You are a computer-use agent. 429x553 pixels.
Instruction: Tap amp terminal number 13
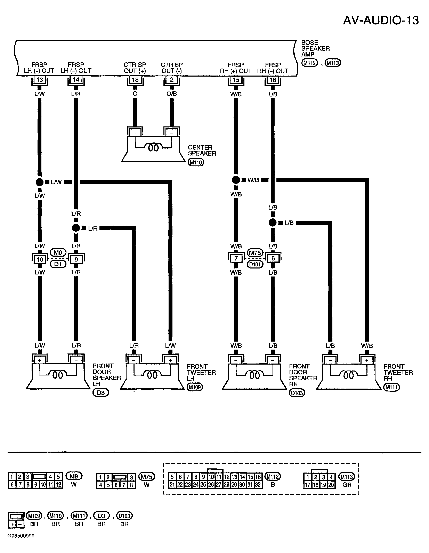[x=40, y=80]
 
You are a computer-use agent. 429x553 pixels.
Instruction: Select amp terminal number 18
[x=135, y=80]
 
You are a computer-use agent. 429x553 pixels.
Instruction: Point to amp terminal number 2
[x=171, y=80]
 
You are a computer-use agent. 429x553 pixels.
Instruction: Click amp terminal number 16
[x=273, y=80]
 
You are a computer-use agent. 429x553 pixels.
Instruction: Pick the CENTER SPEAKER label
[x=202, y=150]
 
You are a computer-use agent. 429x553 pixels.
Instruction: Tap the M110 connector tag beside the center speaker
[x=196, y=162]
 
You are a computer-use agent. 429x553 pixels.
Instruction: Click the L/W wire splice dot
[x=39, y=182]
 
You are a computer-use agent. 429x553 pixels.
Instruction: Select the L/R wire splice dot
[x=76, y=228]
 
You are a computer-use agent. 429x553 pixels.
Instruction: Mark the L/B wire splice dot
[x=272, y=223]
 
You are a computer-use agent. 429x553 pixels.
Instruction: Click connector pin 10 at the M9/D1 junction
[x=40, y=259]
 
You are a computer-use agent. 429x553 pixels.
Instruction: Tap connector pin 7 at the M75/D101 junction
[x=236, y=258]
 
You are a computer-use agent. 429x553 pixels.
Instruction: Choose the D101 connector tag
[x=255, y=265]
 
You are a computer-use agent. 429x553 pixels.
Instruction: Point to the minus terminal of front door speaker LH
[x=76, y=360]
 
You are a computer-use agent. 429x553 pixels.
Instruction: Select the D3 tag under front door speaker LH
[x=101, y=393]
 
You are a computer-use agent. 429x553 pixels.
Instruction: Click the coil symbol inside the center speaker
[x=153, y=147]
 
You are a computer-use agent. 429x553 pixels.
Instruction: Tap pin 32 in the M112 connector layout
[x=258, y=485]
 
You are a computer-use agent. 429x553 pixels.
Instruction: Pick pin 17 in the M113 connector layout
[x=308, y=485]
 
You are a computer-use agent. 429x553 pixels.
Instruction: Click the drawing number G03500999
[x=21, y=536]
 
